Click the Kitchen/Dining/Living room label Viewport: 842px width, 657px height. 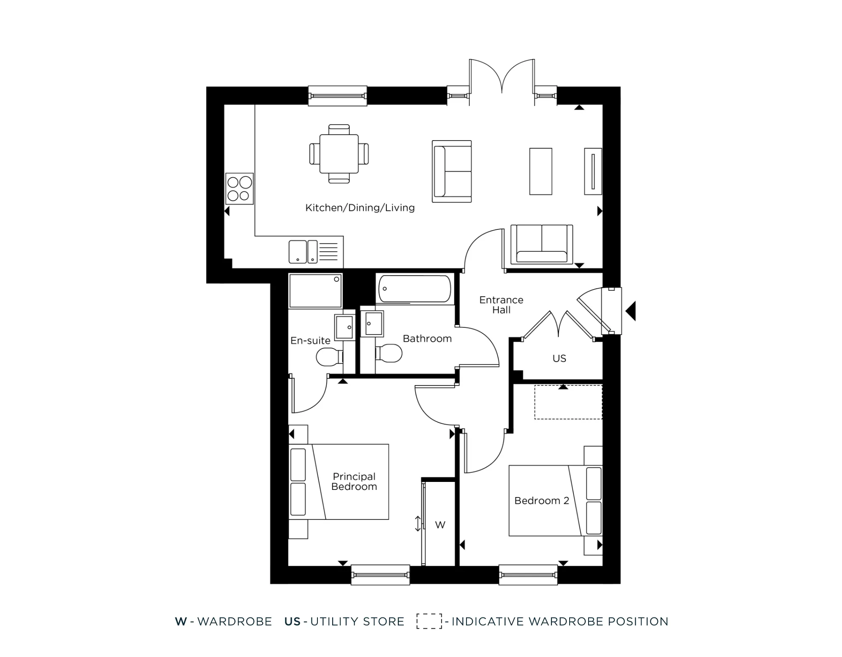pos(360,207)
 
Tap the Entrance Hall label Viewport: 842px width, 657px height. pos(501,305)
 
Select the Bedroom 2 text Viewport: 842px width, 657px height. pos(541,500)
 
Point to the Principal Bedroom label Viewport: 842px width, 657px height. pos(354,481)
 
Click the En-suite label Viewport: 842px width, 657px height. pos(310,340)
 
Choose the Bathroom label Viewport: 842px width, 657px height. pos(427,338)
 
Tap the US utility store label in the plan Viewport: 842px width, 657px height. pos(559,358)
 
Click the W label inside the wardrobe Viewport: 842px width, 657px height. pos(440,525)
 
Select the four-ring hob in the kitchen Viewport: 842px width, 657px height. pos(240,189)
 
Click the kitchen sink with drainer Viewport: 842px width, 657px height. pos(313,251)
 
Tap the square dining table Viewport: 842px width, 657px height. pos(339,154)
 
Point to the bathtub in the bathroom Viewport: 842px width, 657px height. pos(415,289)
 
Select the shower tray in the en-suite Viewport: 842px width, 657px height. pos(315,291)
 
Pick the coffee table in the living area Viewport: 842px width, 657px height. pos(541,171)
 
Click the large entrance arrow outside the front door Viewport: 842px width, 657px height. pos(631,311)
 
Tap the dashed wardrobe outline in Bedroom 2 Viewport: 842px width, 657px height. pos(568,402)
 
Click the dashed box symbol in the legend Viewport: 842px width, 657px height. pos(429,621)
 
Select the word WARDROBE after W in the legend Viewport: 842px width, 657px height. pos(234,622)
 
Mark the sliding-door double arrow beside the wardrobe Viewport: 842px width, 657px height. pos(418,524)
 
